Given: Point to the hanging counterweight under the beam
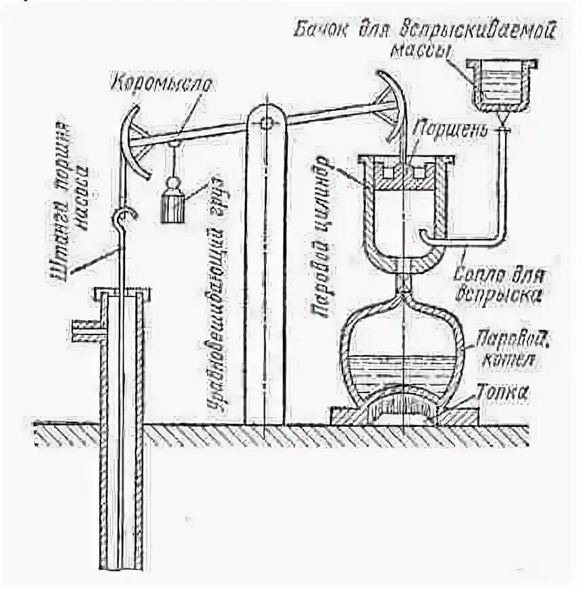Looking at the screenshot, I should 173,201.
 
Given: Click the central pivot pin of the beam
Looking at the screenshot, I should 266,123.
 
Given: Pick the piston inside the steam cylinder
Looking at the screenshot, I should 403,174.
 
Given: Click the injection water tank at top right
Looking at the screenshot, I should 500,83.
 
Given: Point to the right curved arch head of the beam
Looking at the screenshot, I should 394,108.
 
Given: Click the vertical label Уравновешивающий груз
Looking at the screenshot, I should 219,290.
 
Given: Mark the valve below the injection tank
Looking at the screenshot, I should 502,126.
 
